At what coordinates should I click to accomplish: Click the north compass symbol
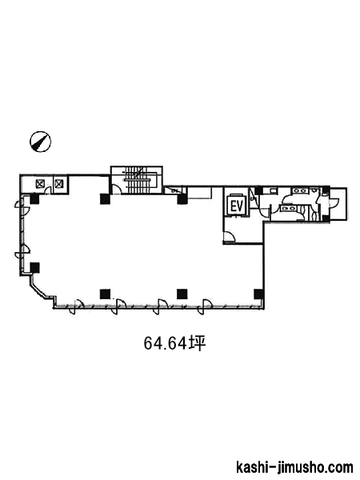coord(41,142)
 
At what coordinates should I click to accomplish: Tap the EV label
coord(236,206)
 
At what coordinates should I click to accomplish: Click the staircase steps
coord(138,180)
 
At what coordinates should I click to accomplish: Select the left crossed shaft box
coord(41,184)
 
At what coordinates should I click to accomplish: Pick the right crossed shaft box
coord(58,184)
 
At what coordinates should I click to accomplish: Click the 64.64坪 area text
coord(174,343)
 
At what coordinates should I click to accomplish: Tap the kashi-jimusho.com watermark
coord(294,467)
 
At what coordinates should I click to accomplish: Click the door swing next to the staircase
coord(116,189)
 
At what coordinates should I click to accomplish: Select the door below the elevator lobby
coord(229,237)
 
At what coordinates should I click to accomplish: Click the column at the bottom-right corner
coord(258,294)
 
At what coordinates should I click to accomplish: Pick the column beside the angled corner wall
coord(34,267)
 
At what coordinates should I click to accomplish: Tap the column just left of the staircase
coord(105,198)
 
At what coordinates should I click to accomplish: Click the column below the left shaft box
coord(34,199)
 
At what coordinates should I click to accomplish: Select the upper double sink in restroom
coord(298,190)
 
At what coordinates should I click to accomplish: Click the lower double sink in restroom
coord(287,208)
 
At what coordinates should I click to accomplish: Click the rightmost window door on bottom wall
coord(204,306)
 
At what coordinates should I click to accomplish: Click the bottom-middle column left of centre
coord(105,294)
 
